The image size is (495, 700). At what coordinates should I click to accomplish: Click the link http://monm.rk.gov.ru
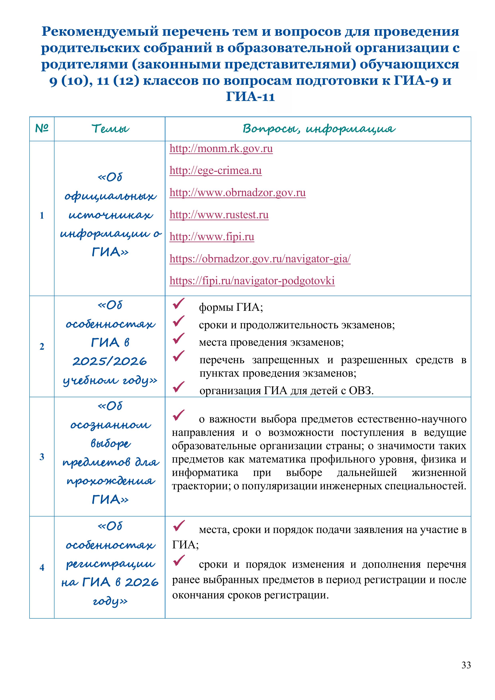221,149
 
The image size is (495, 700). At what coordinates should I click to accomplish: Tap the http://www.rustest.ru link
219,215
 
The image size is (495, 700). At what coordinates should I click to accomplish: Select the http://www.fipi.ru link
212,237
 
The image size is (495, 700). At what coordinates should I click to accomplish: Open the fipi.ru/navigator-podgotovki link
252,280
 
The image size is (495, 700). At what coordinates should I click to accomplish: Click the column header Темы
110,129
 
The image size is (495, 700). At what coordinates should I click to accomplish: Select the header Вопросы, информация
318,129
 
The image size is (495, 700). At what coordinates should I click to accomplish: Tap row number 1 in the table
42,216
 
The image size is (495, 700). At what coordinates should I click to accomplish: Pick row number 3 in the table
42,457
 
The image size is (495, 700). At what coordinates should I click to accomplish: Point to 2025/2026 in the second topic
110,362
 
